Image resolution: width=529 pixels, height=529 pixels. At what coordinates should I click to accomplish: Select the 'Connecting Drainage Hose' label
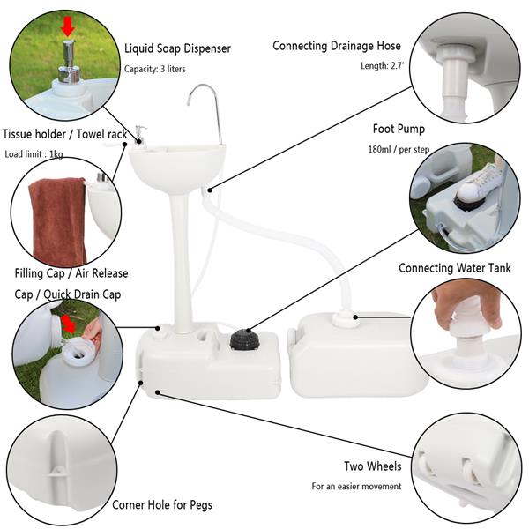click(337, 46)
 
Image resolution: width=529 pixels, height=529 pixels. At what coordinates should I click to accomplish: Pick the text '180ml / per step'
click(399, 150)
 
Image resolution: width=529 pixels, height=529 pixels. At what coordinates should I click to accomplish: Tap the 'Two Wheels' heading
click(372, 466)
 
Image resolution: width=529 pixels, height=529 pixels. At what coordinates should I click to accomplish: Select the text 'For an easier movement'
click(356, 487)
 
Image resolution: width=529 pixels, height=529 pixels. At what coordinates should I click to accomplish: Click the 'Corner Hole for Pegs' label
click(161, 505)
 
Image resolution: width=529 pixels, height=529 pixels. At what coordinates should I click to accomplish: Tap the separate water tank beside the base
click(357, 353)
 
